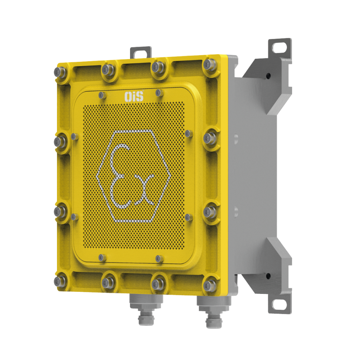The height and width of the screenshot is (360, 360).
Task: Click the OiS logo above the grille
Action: pos(134,97)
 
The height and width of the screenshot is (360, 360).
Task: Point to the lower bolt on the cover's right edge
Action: pos(210,212)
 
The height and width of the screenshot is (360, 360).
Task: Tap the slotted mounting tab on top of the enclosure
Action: pos(141,52)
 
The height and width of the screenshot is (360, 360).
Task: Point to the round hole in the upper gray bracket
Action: pos(268,75)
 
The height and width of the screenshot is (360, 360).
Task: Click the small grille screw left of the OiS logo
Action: pos(101,95)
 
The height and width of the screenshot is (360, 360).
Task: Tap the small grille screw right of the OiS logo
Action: pos(158,93)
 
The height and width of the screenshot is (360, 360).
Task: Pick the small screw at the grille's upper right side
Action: pos(188,133)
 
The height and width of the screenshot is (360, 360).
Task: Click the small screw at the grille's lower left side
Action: pos(74,217)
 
